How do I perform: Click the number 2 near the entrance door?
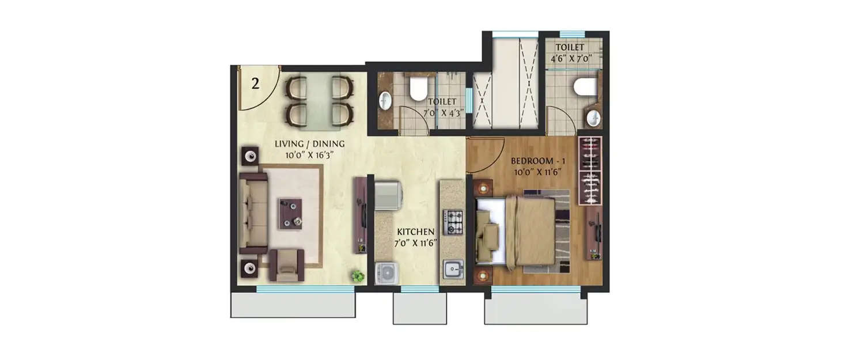[x=255, y=83]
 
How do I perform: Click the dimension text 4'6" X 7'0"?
[x=570, y=58]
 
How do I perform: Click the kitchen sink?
[x=452, y=269]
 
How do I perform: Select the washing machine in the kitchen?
[x=386, y=273]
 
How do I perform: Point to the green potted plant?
[x=358, y=276]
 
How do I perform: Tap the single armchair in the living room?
[x=289, y=264]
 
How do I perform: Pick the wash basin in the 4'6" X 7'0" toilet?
[x=593, y=119]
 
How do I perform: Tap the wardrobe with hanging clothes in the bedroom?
[x=590, y=170]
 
